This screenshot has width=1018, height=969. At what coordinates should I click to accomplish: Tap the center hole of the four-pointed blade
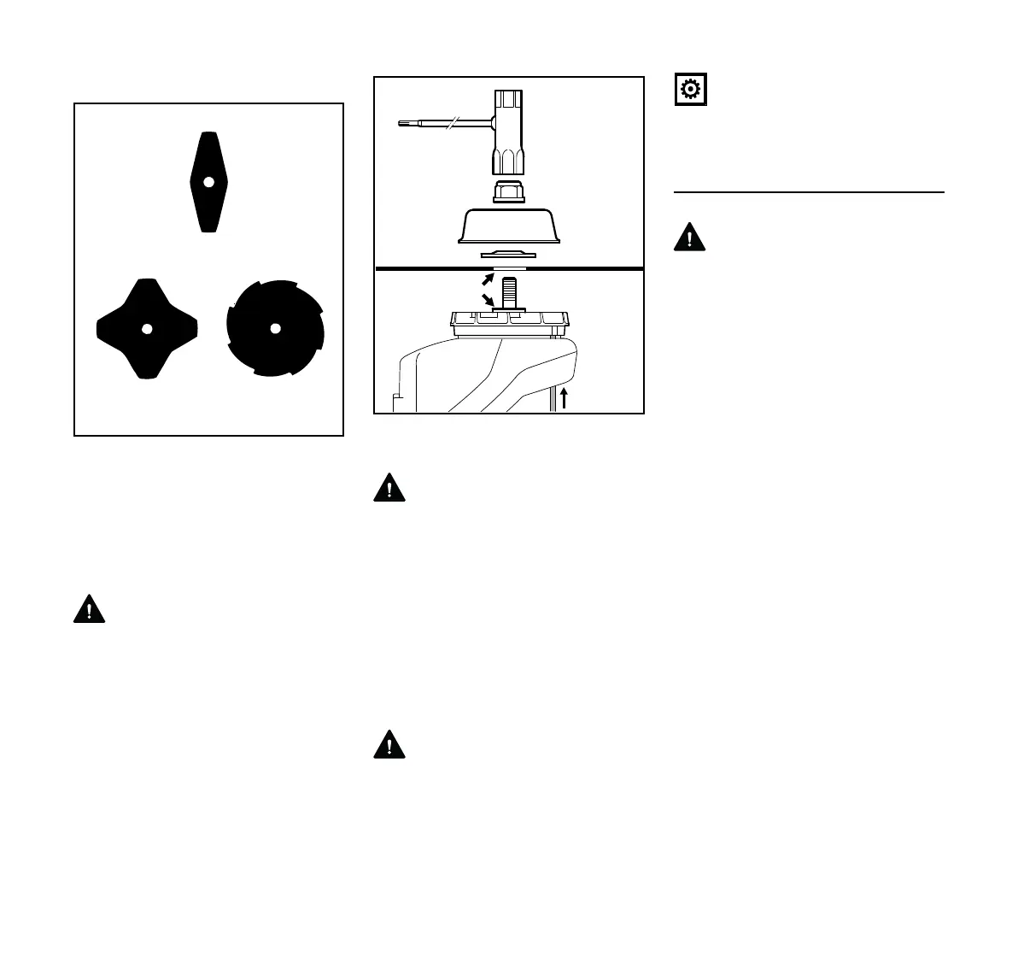pyautogui.click(x=147, y=329)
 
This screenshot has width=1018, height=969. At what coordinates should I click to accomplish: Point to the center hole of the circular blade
pyautogui.click(x=275, y=329)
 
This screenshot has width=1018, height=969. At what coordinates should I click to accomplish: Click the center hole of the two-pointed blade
pyautogui.click(x=207, y=181)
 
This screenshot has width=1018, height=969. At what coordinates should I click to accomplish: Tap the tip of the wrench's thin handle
pyautogui.click(x=401, y=125)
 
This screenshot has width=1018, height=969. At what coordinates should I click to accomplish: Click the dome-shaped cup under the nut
pyautogui.click(x=509, y=226)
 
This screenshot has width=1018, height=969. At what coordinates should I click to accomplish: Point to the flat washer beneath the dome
pyautogui.click(x=509, y=253)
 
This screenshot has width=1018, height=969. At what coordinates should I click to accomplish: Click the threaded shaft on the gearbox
pyautogui.click(x=510, y=291)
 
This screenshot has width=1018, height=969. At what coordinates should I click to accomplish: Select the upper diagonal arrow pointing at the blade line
pyautogui.click(x=486, y=278)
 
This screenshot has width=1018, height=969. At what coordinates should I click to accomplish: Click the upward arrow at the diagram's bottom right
pyautogui.click(x=564, y=398)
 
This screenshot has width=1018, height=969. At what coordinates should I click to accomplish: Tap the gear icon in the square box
pyautogui.click(x=689, y=90)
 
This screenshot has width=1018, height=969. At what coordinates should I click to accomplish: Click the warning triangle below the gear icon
pyautogui.click(x=690, y=237)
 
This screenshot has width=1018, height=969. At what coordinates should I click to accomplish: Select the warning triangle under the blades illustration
pyautogui.click(x=89, y=609)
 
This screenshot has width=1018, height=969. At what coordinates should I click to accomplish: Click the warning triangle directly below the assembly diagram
pyautogui.click(x=389, y=488)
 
